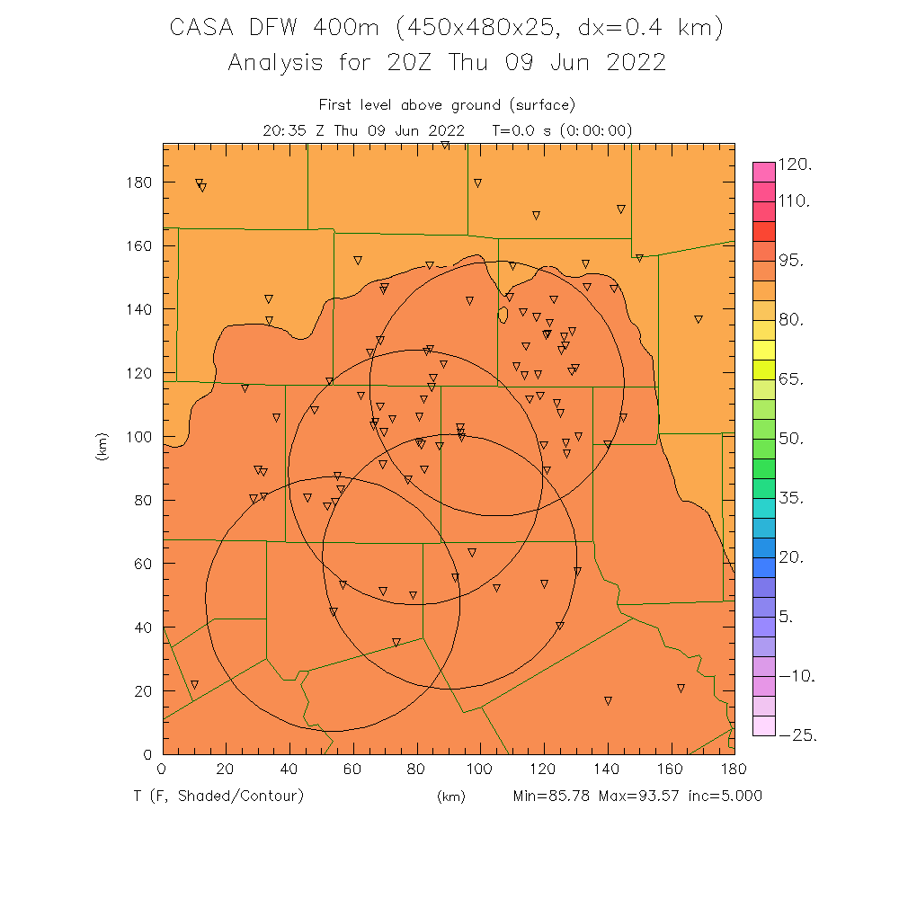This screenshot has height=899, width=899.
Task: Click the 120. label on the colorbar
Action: point(795,165)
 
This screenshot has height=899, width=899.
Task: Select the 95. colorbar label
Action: point(795,261)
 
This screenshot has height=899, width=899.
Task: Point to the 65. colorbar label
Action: point(795,379)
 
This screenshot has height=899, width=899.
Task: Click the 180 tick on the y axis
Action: point(139,182)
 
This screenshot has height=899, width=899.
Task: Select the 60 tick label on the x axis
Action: point(352,769)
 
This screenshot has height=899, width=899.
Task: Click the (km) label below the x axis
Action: point(450,797)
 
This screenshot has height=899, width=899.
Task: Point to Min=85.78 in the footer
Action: point(551,796)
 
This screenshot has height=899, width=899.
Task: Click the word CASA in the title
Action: point(199,29)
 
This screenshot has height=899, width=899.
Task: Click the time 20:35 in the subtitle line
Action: point(284,130)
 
